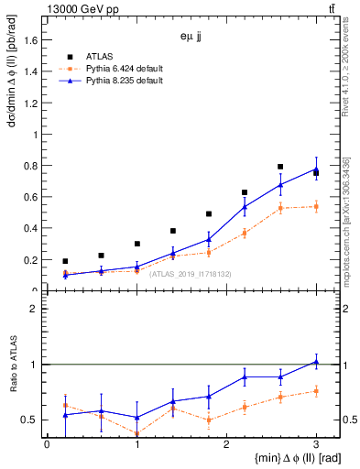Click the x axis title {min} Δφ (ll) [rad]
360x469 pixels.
click(x=274, y=458)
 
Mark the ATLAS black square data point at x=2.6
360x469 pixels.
click(x=280, y=167)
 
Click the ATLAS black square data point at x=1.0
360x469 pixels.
click(x=136, y=244)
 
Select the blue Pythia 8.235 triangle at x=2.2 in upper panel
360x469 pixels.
click(x=245, y=207)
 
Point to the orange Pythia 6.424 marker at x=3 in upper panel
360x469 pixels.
click(x=316, y=207)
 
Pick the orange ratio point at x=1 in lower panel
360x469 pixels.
click(x=136, y=434)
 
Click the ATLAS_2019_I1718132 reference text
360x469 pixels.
click(x=190, y=274)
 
